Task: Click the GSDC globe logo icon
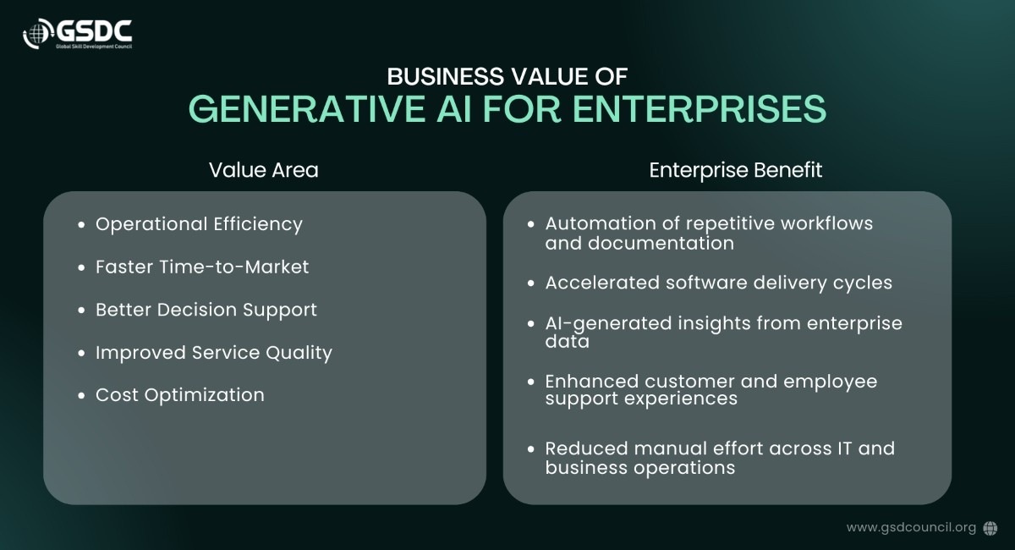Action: (x=39, y=34)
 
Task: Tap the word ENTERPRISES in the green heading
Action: (x=700, y=109)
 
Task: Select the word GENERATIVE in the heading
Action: (x=307, y=109)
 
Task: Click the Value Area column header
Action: (x=264, y=170)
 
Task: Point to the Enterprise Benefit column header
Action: (x=735, y=170)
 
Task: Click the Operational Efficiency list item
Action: (x=199, y=224)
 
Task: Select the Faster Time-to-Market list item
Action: (x=202, y=267)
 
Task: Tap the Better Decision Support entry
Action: (x=206, y=311)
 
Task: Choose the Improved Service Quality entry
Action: (x=214, y=353)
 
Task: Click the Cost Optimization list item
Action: (x=180, y=395)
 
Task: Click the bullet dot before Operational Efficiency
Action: (x=81, y=224)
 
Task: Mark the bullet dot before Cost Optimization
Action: (x=81, y=396)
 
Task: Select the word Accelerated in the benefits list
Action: (x=602, y=283)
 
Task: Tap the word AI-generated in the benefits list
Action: (x=608, y=324)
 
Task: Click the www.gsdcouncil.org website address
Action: (x=911, y=528)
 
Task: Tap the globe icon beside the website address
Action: (x=990, y=528)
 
